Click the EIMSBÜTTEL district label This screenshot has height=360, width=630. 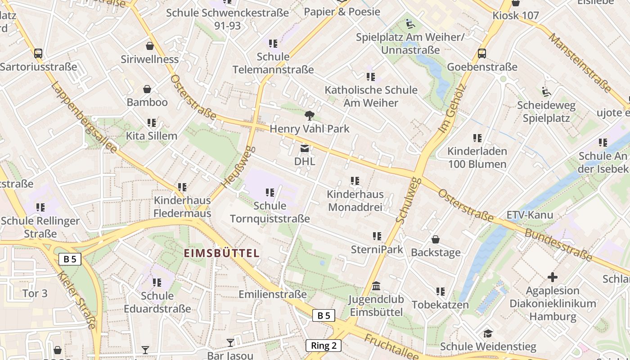click(x=221, y=253)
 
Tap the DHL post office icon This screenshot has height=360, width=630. click(x=305, y=148)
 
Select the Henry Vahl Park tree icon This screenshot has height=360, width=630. click(x=309, y=116)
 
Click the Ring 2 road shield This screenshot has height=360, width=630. click(x=324, y=346)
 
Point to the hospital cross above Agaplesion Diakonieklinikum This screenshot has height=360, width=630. click(x=553, y=277)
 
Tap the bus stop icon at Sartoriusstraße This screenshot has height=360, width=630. click(x=38, y=54)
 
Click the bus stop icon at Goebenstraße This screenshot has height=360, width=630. click(x=482, y=54)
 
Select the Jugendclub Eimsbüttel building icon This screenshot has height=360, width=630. click(x=376, y=286)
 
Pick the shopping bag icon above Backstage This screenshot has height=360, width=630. click(x=435, y=239)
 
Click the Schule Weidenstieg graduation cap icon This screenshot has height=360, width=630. click(x=488, y=333)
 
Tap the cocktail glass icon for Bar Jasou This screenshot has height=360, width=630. click(x=230, y=343)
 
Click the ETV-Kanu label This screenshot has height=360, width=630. click(x=530, y=215)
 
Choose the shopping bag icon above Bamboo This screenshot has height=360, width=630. click(x=147, y=89)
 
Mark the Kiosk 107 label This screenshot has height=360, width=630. click(x=516, y=15)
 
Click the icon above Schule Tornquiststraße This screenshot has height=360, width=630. click(x=270, y=193)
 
